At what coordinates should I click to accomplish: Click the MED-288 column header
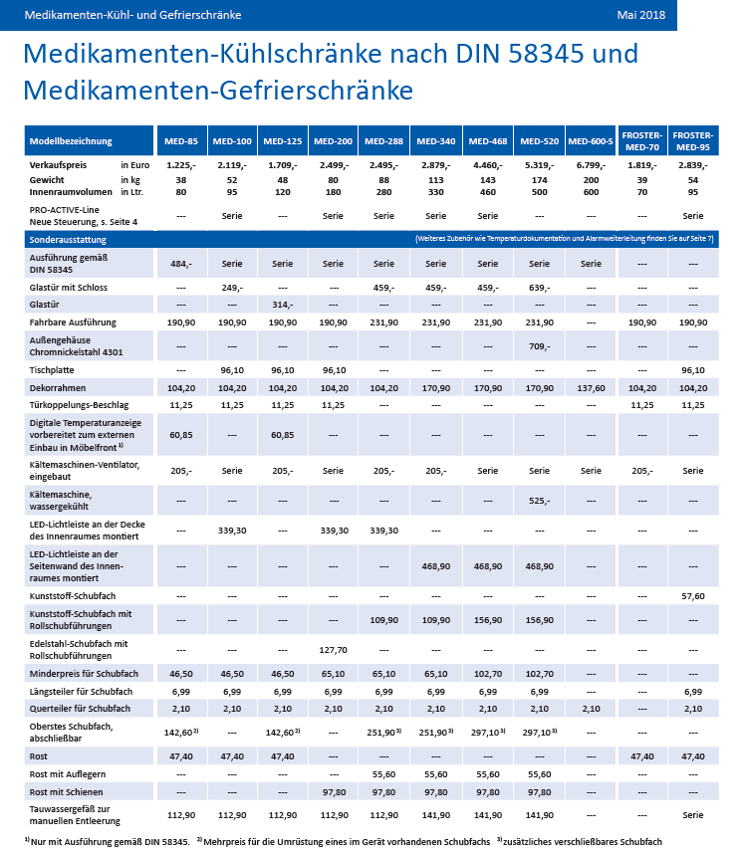coord(383,141)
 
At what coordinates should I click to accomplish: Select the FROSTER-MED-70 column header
coord(641,141)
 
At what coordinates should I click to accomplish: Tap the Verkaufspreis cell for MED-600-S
coord(591,165)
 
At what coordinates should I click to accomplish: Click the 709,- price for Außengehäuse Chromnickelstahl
coord(539,346)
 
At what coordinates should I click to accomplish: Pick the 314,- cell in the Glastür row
coord(283,305)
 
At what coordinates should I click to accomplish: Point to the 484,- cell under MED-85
coord(181,264)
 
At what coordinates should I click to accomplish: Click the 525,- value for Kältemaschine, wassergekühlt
coord(539,501)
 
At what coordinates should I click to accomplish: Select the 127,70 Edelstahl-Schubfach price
coord(333,650)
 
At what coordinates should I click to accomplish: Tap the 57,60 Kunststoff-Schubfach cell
coord(693,596)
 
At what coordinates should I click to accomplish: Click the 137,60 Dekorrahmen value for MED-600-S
coord(591,388)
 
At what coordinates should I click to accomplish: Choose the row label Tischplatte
coord(52,370)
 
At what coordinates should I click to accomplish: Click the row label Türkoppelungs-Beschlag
coord(79,405)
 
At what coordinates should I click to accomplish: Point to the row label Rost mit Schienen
coord(66,792)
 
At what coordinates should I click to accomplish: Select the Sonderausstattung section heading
coord(68,240)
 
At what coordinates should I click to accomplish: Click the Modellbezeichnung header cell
coord(71,141)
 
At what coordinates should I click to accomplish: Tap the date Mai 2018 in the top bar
coord(641,15)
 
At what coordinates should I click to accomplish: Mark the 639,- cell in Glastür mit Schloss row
coord(539,288)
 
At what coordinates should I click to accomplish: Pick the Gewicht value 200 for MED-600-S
coord(591,180)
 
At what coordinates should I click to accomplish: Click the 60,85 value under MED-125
coord(283,435)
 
